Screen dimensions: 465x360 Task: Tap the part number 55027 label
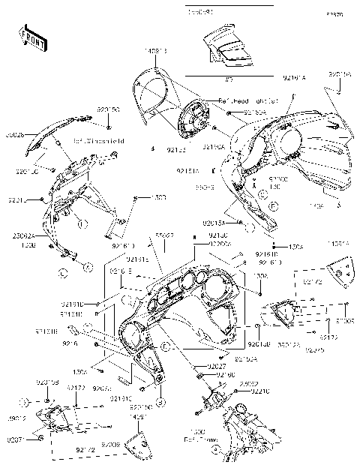tap(165, 235)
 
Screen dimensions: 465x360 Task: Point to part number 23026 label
tap(14, 136)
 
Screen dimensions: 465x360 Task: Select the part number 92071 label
tap(16, 439)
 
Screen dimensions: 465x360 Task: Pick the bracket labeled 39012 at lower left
tap(60, 420)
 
